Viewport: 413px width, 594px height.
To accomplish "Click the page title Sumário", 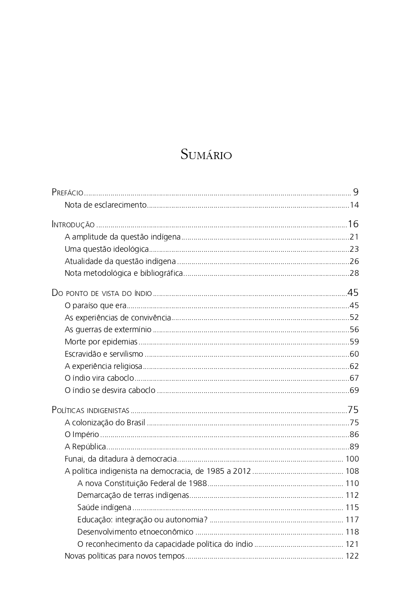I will [x=206, y=155].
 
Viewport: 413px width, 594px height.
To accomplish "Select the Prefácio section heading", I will [x=67, y=192].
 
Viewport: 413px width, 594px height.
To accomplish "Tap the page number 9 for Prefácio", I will [x=356, y=192].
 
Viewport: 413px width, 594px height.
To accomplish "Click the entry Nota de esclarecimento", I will [x=105, y=205].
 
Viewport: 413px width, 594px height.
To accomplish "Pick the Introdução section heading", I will [x=73, y=225].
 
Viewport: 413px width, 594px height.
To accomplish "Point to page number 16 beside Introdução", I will [x=353, y=224].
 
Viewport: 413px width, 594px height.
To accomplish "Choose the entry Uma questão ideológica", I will [x=107, y=249].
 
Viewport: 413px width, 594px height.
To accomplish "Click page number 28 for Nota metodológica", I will [x=354, y=274].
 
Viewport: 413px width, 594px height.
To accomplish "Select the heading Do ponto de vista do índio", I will [x=102, y=293].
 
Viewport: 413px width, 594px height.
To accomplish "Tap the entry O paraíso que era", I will [x=95, y=306].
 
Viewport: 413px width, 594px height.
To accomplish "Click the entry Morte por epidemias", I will [x=101, y=342].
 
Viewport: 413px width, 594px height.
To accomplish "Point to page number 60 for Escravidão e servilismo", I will [x=354, y=354].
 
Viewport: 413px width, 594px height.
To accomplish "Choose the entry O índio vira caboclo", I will [x=99, y=378].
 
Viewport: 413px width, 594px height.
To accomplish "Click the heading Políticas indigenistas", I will [x=90, y=410].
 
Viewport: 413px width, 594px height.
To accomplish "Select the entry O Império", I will [x=82, y=434].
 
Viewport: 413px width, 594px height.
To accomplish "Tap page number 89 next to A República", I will [x=354, y=447].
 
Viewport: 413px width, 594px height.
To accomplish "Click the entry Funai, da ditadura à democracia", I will [x=121, y=459].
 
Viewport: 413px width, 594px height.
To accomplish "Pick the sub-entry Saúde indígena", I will [x=104, y=507].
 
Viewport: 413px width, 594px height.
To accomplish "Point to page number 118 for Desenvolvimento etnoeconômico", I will [x=352, y=532].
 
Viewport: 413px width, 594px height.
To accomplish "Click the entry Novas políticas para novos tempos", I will [x=125, y=556].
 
